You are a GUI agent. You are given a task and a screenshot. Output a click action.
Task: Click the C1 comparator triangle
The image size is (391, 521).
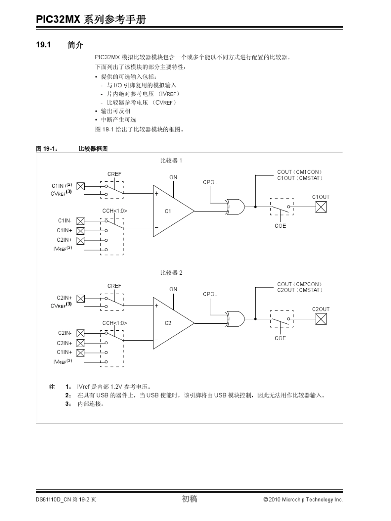(171, 211)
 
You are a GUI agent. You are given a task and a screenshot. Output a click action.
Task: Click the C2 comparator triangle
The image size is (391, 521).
(171, 323)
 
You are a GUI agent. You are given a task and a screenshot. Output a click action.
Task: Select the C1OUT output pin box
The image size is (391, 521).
(321, 207)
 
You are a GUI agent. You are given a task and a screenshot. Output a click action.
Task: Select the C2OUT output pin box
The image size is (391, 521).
(321, 319)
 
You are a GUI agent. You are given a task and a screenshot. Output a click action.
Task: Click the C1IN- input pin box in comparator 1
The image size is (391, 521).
(81, 221)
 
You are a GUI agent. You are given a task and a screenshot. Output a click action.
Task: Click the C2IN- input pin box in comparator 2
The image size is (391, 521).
(81, 333)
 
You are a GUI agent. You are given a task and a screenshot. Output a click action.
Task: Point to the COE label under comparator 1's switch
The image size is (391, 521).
(280, 226)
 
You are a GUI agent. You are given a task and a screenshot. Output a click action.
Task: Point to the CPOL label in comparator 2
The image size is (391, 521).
(210, 294)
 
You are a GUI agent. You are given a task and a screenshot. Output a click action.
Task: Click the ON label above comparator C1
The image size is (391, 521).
(173, 178)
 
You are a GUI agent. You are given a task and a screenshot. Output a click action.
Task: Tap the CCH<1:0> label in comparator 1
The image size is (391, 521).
(114, 211)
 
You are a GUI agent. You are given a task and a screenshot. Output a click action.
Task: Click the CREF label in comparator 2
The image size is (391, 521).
(114, 286)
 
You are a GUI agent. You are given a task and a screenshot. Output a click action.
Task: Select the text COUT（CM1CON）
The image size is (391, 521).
(299, 172)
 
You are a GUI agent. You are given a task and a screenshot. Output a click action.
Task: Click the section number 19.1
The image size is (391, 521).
(43, 45)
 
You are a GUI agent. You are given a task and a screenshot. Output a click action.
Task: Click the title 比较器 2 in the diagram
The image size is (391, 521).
(171, 273)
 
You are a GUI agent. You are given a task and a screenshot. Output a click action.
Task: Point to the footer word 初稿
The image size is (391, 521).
(189, 499)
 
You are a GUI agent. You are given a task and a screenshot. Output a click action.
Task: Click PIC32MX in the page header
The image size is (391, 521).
(58, 19)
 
